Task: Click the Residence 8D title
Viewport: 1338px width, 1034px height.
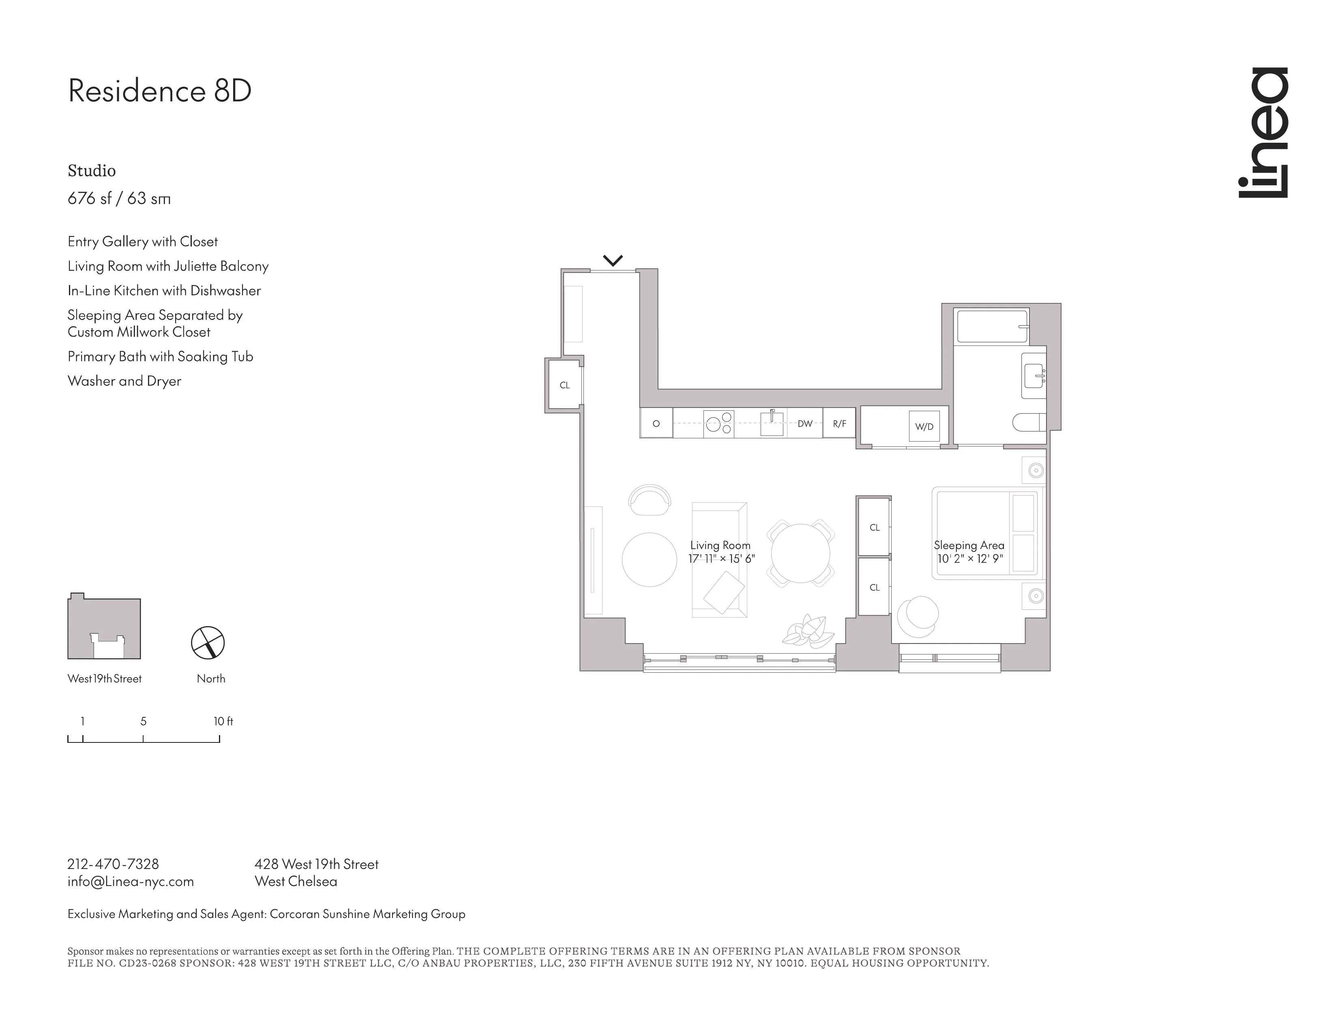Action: pyautogui.click(x=159, y=91)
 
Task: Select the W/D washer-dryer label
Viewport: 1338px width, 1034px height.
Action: pyautogui.click(x=924, y=426)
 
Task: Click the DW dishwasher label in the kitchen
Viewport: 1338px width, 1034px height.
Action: pyautogui.click(x=805, y=424)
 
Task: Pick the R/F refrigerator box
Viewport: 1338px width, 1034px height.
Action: pyautogui.click(x=839, y=423)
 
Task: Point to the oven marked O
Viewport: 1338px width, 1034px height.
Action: pyautogui.click(x=656, y=423)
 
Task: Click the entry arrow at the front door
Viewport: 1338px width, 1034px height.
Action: pyautogui.click(x=613, y=260)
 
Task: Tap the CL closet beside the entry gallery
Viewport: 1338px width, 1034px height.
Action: pyautogui.click(x=564, y=385)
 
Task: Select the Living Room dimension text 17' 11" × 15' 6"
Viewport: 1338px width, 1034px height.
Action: pyautogui.click(x=721, y=559)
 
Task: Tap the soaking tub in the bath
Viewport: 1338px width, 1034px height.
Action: pyautogui.click(x=991, y=326)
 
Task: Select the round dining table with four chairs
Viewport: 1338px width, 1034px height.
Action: pyautogui.click(x=800, y=553)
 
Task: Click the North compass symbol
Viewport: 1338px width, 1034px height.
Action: pyautogui.click(x=208, y=643)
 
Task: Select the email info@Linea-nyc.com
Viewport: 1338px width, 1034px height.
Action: pyautogui.click(x=131, y=882)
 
